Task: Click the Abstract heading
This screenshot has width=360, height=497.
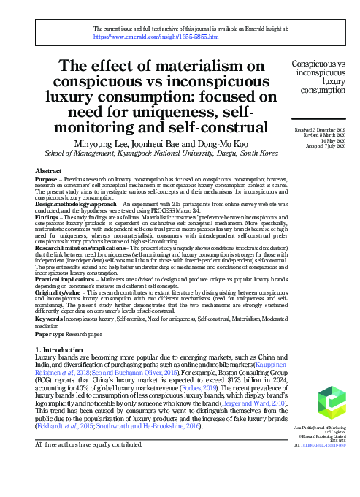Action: click(x=48, y=170)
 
